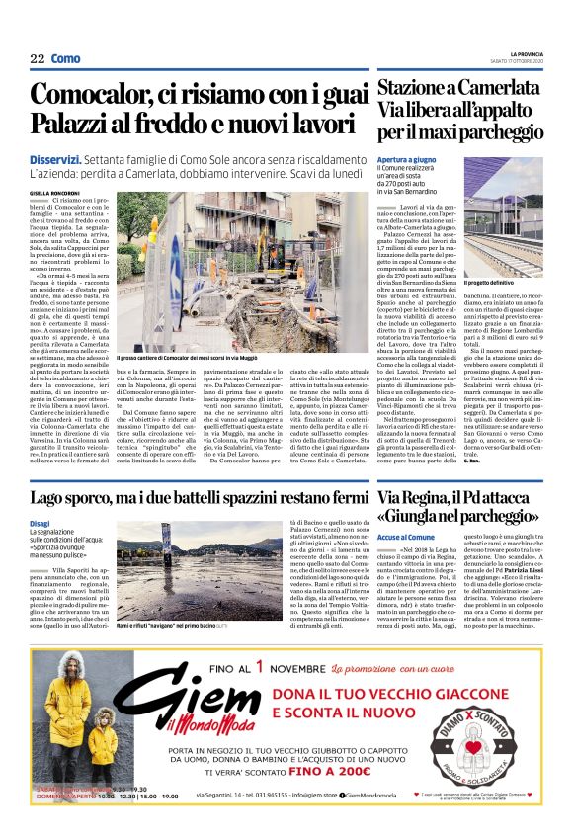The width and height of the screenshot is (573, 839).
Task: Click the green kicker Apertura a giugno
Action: (x=406, y=158)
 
